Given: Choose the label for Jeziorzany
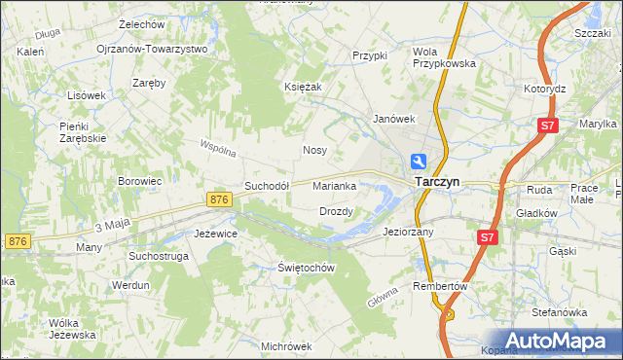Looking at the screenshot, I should click(x=408, y=233).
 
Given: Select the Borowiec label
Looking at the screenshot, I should click(x=139, y=181).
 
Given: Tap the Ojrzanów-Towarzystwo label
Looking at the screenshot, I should click(x=153, y=49).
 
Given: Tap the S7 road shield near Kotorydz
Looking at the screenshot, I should click(x=549, y=126).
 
